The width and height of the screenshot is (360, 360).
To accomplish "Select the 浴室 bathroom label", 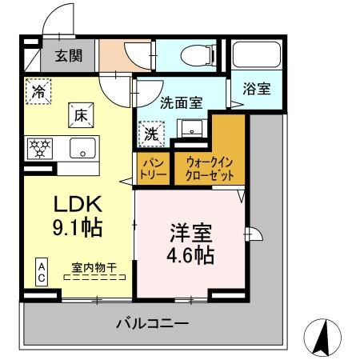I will (x=256, y=89).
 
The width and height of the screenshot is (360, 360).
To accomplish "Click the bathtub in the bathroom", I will (x=256, y=56).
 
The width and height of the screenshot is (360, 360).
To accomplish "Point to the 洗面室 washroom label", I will (x=181, y=103).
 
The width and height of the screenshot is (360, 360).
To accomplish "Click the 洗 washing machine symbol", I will (x=151, y=134).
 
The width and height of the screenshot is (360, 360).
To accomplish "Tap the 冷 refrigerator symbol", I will (x=38, y=91).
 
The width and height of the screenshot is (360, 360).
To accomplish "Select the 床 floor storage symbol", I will (x=82, y=114).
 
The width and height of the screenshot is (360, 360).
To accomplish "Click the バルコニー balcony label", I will (x=152, y=324).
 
